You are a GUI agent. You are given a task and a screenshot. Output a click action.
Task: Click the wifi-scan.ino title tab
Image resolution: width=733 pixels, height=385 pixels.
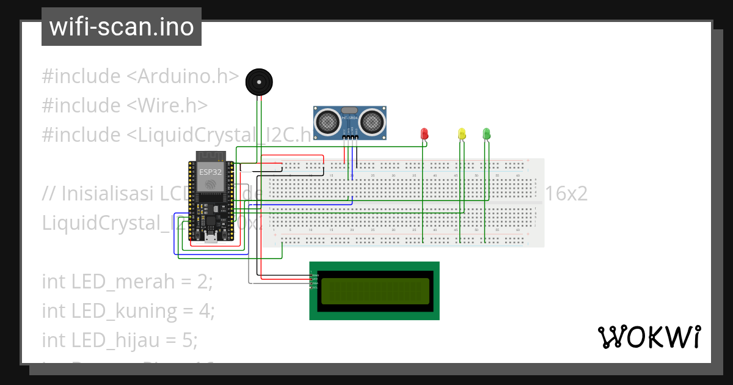point(121,27)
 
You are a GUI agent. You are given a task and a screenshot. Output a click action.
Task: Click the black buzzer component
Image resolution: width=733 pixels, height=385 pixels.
point(258,82)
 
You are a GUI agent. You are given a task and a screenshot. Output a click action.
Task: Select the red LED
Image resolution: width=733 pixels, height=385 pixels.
point(425,133)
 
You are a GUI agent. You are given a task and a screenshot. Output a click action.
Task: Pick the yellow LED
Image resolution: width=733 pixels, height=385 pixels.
point(462,133)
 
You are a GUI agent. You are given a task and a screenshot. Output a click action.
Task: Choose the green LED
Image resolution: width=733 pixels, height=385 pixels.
point(486,133)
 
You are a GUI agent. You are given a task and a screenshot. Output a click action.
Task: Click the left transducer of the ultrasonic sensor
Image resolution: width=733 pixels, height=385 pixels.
point(329,121)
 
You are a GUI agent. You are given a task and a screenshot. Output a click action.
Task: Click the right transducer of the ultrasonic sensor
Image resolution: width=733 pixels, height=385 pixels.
point(371,121)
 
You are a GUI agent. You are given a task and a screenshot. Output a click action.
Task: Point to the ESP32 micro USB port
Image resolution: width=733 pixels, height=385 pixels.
point(211,239)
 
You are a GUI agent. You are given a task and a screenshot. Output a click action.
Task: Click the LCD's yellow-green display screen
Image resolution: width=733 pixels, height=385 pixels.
point(374,291)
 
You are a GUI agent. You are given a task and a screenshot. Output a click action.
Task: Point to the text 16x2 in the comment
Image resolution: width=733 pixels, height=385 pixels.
point(566,194)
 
